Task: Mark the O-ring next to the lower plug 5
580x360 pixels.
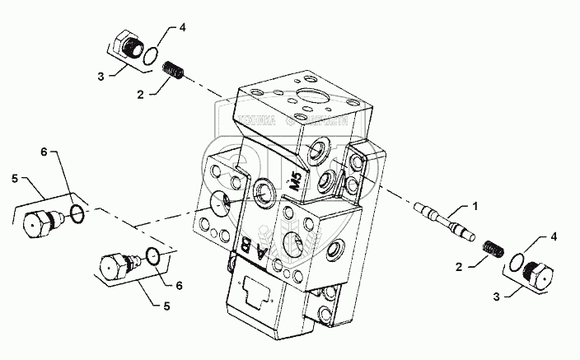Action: (149, 256)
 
